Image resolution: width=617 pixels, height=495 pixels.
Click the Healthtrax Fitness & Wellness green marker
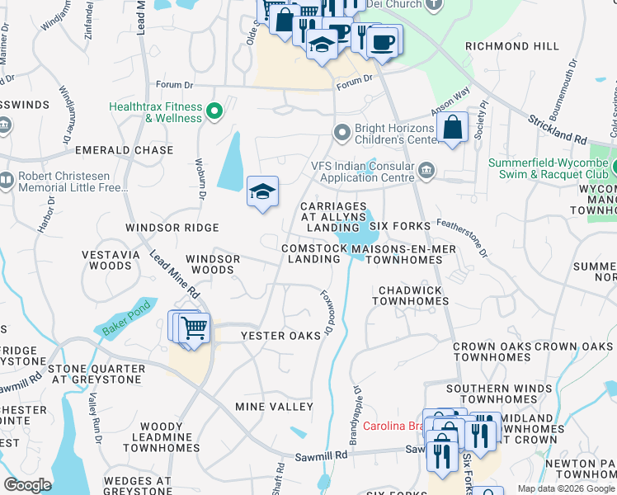[214, 111]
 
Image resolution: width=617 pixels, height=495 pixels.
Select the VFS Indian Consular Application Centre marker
[426, 171]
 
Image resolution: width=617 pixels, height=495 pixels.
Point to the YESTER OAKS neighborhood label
[280, 336]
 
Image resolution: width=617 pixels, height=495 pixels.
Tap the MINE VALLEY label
[274, 407]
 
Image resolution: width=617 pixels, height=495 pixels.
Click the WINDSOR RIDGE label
[172, 227]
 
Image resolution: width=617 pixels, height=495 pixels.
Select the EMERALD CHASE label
[125, 150]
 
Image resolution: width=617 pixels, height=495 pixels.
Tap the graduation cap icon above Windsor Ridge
[262, 192]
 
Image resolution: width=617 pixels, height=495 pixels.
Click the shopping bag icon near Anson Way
[453, 128]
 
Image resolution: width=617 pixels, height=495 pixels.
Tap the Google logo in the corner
[28, 485]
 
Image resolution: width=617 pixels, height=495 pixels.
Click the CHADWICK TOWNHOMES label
[410, 296]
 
